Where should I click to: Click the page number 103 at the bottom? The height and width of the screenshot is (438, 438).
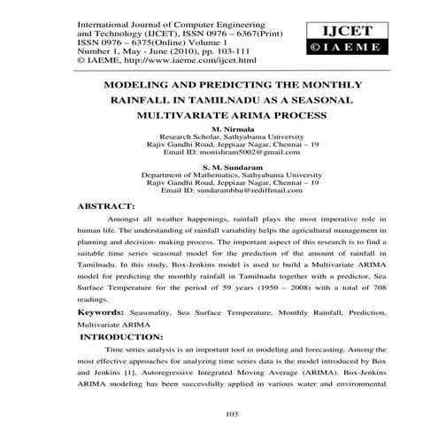coord(219,413)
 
